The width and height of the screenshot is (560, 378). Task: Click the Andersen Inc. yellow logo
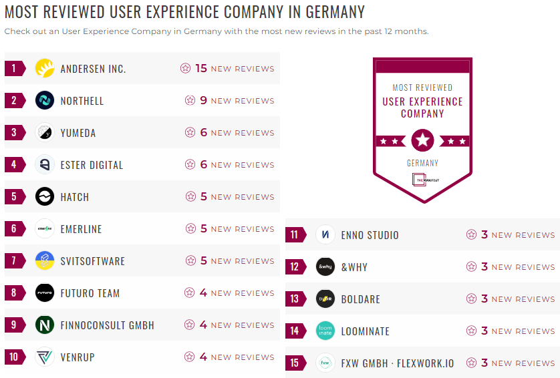pos(45,68)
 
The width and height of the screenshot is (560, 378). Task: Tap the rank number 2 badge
pos(14,101)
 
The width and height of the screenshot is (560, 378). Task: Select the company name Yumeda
pos(78,133)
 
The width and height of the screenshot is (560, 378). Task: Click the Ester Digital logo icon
pos(45,165)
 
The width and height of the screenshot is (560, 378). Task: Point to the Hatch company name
pos(75,197)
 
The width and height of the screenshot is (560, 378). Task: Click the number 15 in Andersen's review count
pos(201,68)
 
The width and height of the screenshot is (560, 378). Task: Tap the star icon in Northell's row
pos(190,101)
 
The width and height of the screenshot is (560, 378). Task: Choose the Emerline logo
pos(45,229)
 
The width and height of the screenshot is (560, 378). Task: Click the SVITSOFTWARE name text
pos(93,261)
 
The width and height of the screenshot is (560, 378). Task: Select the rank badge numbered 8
pos(14,293)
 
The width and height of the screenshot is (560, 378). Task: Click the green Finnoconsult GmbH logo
pos(45,325)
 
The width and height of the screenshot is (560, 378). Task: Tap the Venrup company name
pos(78,357)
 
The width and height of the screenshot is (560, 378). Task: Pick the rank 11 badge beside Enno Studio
pos(295,235)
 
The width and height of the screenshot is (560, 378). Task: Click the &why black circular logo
pos(325,267)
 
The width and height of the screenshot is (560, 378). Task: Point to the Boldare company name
pos(361,299)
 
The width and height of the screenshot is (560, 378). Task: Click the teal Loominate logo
pos(325,331)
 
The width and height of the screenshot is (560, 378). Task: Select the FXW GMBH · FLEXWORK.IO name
pos(398,363)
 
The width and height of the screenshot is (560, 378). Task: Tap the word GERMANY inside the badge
pos(422,163)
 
